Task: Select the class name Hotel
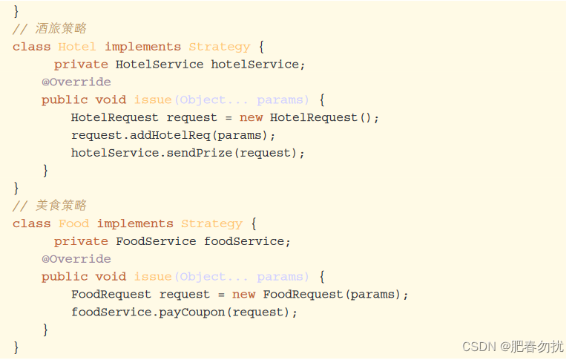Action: (x=77, y=47)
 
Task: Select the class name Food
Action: (x=73, y=223)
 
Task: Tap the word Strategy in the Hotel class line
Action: (x=219, y=47)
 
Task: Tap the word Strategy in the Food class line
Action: (x=211, y=223)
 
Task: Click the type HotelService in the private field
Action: (x=160, y=65)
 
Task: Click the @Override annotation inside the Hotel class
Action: (x=76, y=82)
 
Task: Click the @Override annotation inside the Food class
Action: (x=76, y=259)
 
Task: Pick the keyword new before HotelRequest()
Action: (x=251, y=117)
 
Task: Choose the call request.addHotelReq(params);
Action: (x=174, y=135)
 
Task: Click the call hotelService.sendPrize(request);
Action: (x=188, y=153)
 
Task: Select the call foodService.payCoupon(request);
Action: (x=184, y=312)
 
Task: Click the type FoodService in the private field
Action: (x=156, y=241)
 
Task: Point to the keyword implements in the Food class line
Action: (x=135, y=223)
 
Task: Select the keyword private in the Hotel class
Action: (x=81, y=65)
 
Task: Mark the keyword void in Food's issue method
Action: (x=111, y=277)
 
